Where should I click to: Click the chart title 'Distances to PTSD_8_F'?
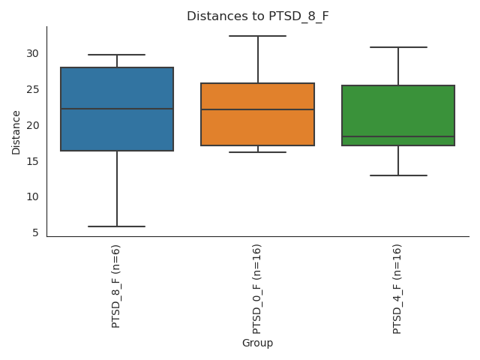257,16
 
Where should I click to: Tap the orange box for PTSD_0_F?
257,127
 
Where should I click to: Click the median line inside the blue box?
117,109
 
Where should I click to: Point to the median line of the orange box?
257,109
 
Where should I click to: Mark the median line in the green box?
397,136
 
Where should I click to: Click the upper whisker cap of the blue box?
117,55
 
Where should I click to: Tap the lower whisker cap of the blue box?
117,226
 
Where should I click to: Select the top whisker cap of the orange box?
257,36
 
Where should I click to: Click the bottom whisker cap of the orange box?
257,152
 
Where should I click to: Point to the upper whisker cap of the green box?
397,47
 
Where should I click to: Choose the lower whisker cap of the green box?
397,175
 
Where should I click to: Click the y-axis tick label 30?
32,53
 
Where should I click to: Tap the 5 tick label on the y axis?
35,232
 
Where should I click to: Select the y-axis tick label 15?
32,161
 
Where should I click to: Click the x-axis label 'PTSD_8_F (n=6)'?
116,286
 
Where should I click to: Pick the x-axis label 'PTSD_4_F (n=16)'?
397,289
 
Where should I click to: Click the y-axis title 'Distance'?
16,132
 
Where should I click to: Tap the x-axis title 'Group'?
257,343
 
